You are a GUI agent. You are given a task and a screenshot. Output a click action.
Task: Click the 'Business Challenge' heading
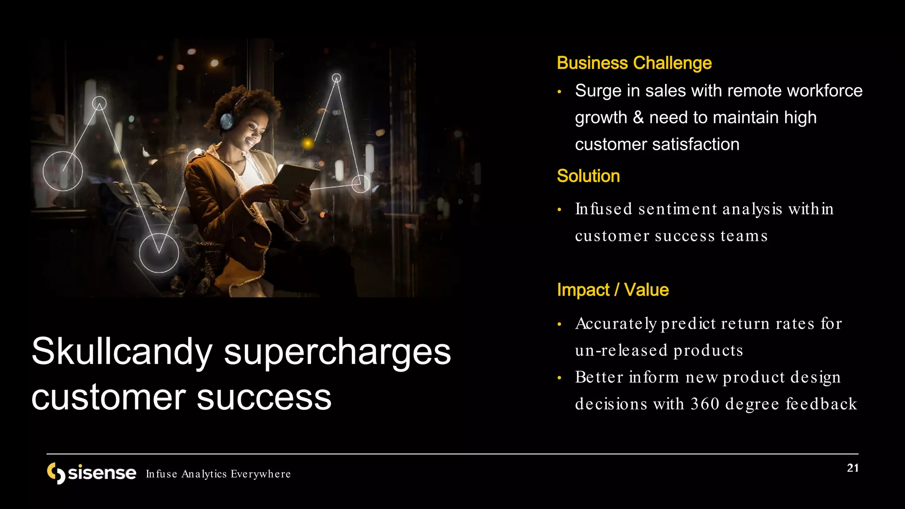(x=634, y=63)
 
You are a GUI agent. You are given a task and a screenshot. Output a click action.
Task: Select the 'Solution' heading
(x=588, y=176)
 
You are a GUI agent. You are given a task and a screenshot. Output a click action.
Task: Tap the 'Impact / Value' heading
(x=612, y=290)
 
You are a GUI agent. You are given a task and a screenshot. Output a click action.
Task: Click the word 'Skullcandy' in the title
(x=122, y=352)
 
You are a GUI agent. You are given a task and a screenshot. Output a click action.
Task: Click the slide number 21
(x=852, y=468)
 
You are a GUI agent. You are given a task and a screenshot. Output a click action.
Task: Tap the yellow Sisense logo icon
(x=56, y=473)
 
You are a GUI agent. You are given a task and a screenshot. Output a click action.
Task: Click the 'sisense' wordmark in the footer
(x=102, y=473)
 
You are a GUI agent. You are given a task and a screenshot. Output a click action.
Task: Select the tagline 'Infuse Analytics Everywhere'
(x=218, y=474)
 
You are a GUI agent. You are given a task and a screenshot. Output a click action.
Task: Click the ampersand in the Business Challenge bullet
(x=638, y=118)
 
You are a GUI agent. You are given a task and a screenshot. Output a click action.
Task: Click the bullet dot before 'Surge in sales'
(x=559, y=92)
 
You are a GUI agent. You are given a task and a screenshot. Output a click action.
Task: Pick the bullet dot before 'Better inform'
(x=559, y=378)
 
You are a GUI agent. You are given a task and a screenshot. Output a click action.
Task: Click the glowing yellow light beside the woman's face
(x=308, y=143)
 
